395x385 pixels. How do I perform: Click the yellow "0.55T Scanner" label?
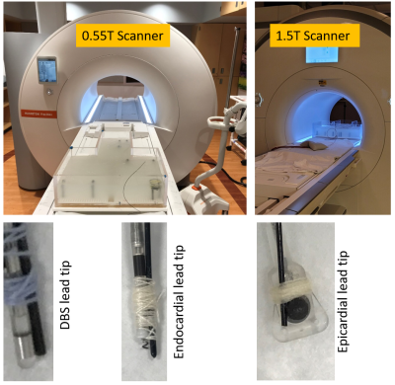pyautogui.click(x=122, y=36)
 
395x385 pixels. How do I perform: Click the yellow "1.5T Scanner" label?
pyautogui.click(x=313, y=36)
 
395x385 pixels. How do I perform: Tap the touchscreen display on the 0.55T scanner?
pyautogui.click(x=46, y=70)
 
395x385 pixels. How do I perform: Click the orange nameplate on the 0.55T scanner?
pyautogui.click(x=39, y=114)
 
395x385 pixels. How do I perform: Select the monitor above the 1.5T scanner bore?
pyautogui.click(x=322, y=54)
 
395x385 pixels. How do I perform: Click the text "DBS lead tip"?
pyautogui.click(x=65, y=295)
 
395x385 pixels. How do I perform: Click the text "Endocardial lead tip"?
pyautogui.click(x=178, y=302)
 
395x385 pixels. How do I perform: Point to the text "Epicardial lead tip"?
pyautogui.click(x=343, y=301)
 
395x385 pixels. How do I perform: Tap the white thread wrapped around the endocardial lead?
pyautogui.click(x=145, y=308)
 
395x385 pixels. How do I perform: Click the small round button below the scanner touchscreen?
pyautogui.click(x=49, y=93)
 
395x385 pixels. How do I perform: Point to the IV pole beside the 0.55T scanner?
pyautogui.click(x=235, y=66)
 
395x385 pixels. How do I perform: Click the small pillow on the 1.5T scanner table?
pyautogui.click(x=311, y=145)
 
